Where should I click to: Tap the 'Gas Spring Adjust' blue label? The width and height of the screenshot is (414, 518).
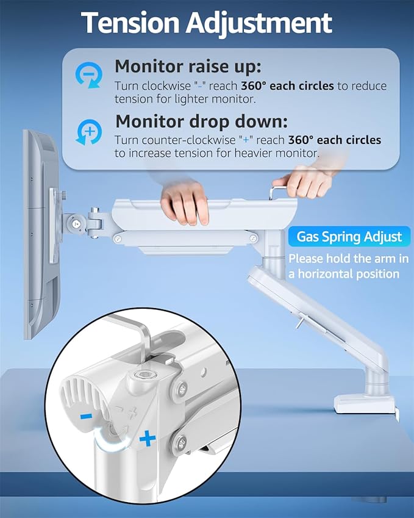[349, 236]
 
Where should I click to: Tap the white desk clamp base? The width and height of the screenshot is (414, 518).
[365, 404]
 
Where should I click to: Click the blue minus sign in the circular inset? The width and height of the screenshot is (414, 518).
[87, 416]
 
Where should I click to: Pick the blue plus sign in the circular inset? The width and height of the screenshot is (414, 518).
[146, 437]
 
